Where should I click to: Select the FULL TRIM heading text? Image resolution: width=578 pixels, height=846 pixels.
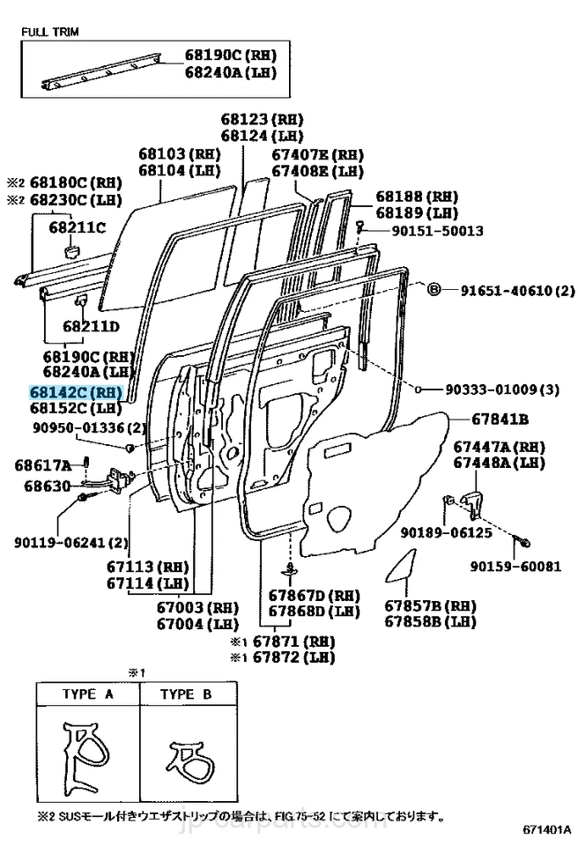coord(50,32)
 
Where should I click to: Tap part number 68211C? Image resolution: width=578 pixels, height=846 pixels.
coord(78,227)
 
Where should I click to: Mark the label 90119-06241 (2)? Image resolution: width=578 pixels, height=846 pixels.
coord(71,542)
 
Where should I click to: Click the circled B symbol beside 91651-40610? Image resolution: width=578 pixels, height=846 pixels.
coord(433,290)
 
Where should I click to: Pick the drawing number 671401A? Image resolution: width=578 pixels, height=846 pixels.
coord(545,829)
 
